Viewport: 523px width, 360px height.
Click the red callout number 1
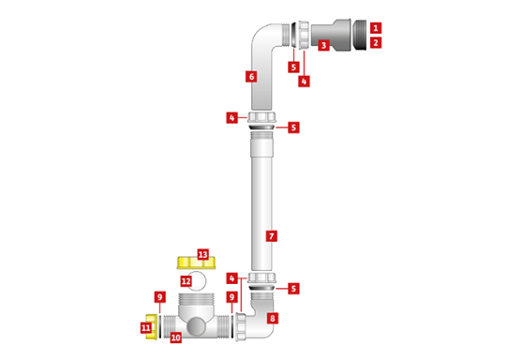pyautogui.click(x=375, y=28)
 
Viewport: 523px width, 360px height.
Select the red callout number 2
pyautogui.click(x=375, y=43)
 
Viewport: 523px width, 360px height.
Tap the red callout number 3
pyautogui.click(x=323, y=45)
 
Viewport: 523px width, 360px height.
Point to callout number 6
pyautogui.click(x=250, y=77)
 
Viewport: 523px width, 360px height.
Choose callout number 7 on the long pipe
pyautogui.click(x=271, y=236)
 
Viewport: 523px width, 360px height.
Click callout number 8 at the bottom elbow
pyautogui.click(x=272, y=319)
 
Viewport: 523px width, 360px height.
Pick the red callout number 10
pyautogui.click(x=175, y=337)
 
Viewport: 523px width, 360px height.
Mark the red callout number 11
pyautogui.click(x=145, y=328)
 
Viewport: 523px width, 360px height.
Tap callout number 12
pyautogui.click(x=186, y=281)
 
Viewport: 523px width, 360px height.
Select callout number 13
pyautogui.click(x=202, y=254)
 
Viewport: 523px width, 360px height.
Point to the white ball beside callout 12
pyautogui.click(x=198, y=280)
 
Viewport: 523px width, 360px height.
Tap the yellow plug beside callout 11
pyautogui.click(x=152, y=325)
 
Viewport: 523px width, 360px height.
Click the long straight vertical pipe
pyautogui.click(x=261, y=202)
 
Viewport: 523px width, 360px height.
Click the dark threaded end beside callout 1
pyautogui.click(x=360, y=35)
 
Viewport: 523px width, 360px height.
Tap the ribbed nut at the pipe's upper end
pyautogui.click(x=261, y=118)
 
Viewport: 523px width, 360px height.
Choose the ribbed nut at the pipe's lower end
pyautogui.click(x=261, y=278)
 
